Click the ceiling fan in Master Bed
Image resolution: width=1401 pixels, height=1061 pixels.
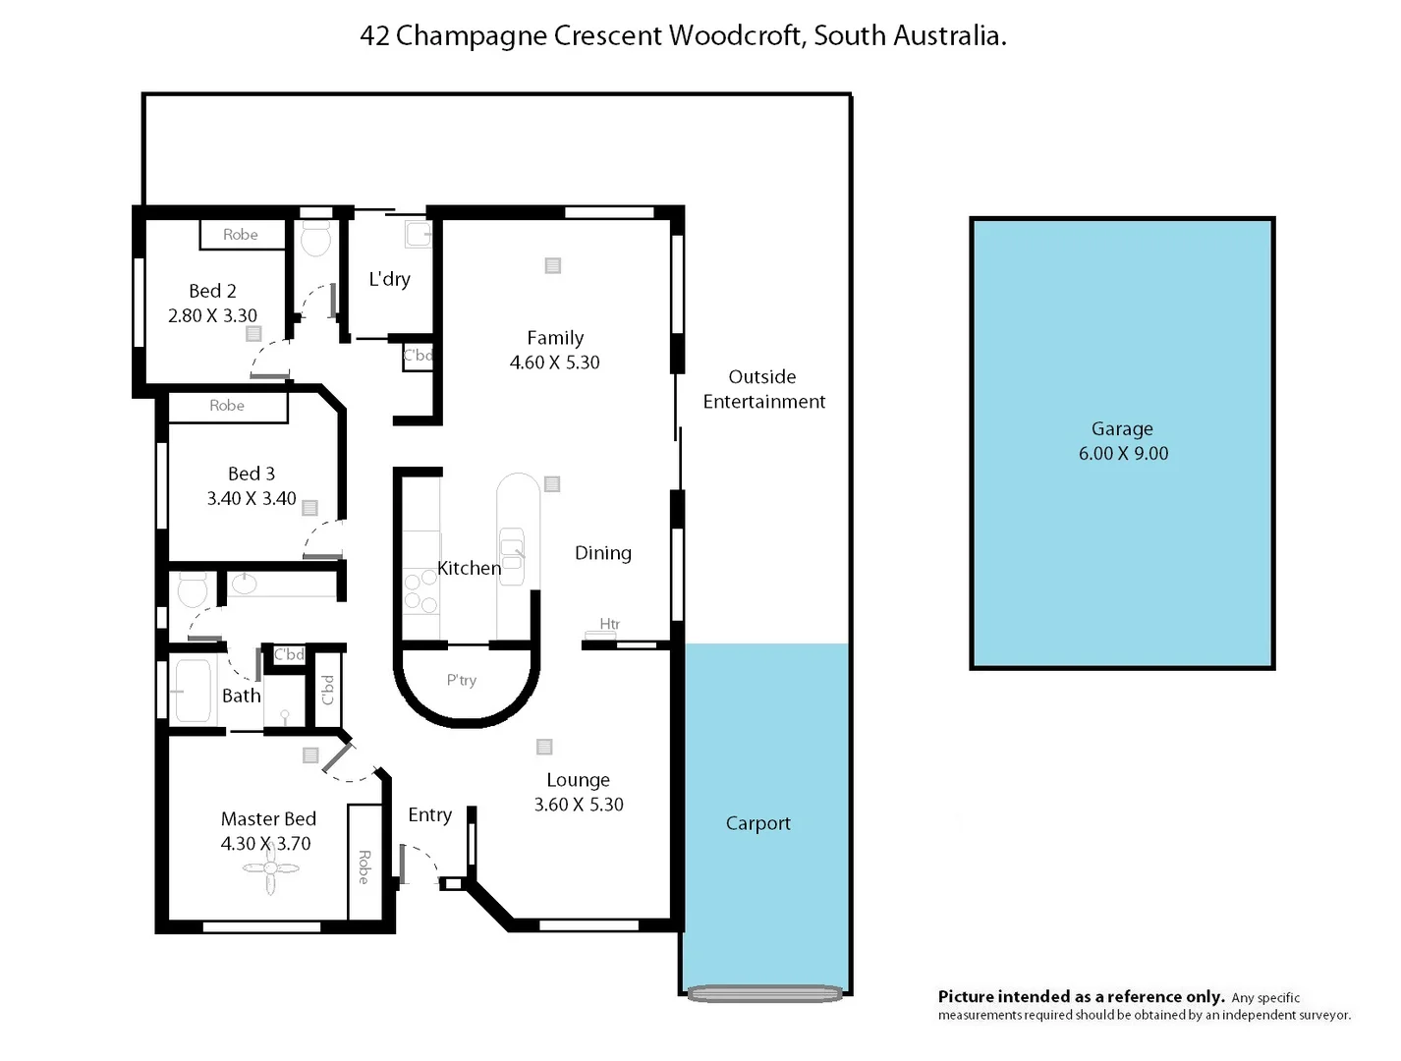[x=270, y=868]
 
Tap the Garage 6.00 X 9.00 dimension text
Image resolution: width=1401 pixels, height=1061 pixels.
[x=1123, y=454]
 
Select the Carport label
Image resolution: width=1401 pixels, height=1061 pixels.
[x=757, y=823]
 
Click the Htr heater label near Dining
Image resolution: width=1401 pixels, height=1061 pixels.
[x=609, y=624]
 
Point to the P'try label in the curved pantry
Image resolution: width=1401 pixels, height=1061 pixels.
[x=461, y=680]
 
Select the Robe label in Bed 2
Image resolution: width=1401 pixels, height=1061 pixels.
[x=240, y=235]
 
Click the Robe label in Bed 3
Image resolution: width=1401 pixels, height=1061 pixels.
[x=226, y=406]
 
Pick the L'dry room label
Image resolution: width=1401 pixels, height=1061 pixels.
[x=389, y=279]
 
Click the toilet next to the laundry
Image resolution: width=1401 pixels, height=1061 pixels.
[x=315, y=238]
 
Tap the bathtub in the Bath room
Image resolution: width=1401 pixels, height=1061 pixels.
[x=193, y=691]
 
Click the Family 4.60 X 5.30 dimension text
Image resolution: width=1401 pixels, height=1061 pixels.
[x=554, y=363]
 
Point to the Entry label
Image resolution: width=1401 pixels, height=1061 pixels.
[x=429, y=815]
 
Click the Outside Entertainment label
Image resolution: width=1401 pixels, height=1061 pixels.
[x=763, y=389]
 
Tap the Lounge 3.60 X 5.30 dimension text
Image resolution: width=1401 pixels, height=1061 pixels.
[x=578, y=805]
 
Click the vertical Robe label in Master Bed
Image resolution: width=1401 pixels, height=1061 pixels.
[x=364, y=866]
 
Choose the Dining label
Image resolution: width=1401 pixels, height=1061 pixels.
[x=602, y=553]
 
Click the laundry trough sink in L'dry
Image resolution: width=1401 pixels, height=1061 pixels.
[x=419, y=234]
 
